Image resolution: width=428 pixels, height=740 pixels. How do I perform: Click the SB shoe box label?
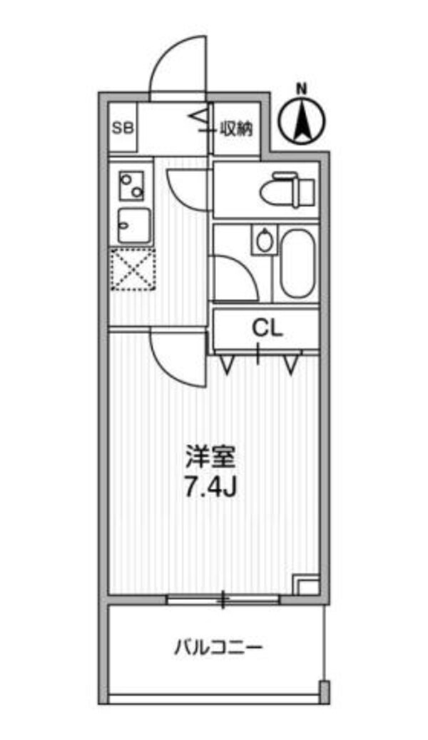[122, 128]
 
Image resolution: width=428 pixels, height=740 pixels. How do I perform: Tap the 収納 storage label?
[236, 128]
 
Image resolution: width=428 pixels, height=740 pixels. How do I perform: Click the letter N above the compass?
[302, 89]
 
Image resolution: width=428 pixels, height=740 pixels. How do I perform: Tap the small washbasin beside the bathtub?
[265, 239]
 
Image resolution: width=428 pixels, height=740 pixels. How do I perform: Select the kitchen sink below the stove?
[133, 226]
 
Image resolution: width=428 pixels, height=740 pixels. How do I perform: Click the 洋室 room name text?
[211, 455]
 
